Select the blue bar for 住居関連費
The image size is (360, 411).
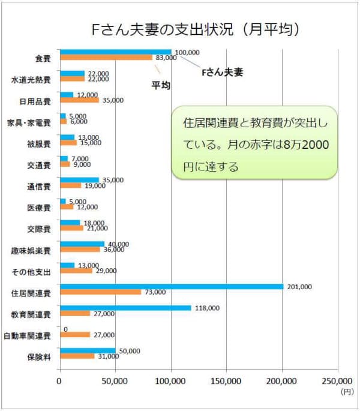point(172,286)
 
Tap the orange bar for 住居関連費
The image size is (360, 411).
point(100,292)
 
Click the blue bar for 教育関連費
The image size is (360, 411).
point(125,308)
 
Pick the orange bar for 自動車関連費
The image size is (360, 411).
point(75,335)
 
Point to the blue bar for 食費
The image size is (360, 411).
point(116,52)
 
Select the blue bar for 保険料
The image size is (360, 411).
point(88,350)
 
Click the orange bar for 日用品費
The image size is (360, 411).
point(79,100)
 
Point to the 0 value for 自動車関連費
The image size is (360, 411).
point(65,329)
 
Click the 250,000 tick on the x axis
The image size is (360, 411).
point(338,380)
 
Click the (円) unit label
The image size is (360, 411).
point(347,391)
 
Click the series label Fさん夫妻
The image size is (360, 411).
point(221,72)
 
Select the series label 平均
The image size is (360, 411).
point(160,86)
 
